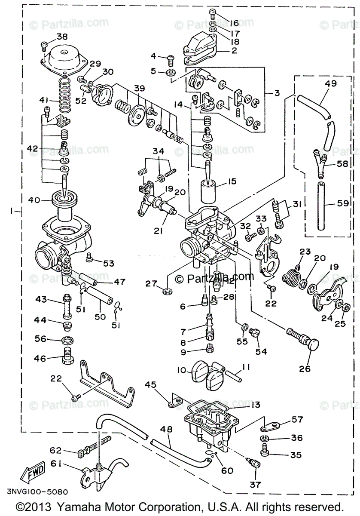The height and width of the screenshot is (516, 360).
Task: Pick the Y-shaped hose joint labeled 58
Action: pos(320,163)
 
